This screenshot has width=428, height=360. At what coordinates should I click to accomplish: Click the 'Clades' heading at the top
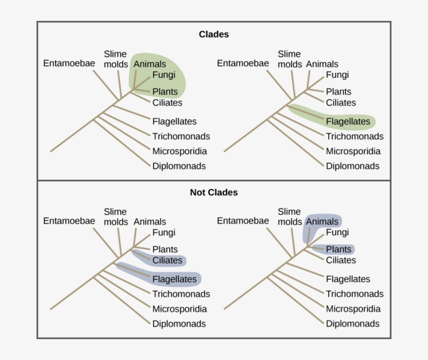[213, 34]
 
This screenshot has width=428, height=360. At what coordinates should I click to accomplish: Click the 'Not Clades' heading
[213, 192]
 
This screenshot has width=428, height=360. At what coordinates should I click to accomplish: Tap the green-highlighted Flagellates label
[348, 122]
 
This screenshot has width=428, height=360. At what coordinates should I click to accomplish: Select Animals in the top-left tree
[150, 64]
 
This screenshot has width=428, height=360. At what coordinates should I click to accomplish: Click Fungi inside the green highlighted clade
[164, 75]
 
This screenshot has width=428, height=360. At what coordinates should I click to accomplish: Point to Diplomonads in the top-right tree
[352, 166]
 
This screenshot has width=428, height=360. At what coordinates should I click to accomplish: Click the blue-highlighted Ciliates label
[167, 260]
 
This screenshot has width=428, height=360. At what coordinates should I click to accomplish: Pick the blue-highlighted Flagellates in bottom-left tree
[174, 279]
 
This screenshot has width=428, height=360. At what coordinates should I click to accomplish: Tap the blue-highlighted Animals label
[322, 222]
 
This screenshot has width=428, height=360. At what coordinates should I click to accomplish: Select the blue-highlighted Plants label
[339, 249]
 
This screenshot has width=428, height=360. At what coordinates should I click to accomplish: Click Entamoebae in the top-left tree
[69, 63]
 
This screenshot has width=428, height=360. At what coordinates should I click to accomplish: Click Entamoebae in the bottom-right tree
[243, 220]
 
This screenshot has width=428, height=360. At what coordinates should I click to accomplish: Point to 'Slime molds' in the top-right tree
[289, 59]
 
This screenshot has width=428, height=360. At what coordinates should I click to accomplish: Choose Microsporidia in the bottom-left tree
[180, 309]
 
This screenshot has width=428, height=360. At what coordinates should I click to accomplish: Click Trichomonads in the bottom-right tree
[354, 294]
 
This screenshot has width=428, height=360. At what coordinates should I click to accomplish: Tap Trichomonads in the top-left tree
[181, 136]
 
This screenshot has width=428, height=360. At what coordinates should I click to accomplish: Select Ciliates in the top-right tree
[341, 102]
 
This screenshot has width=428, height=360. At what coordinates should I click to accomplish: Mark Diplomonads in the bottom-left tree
[179, 323]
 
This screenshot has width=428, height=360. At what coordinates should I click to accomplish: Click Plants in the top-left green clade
[165, 91]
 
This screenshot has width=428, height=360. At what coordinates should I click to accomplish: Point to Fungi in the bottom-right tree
[337, 232]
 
